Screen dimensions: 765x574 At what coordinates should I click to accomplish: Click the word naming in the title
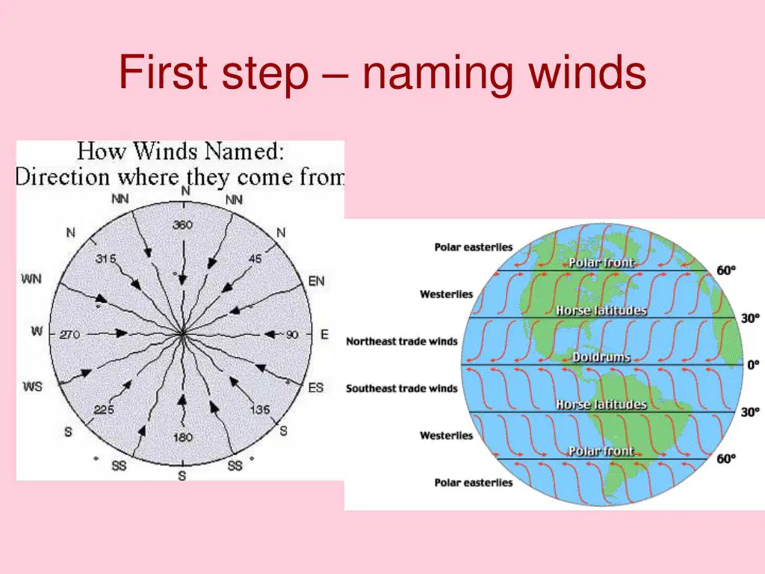tap(438, 73)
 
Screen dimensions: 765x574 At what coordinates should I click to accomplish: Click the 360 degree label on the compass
tap(182, 225)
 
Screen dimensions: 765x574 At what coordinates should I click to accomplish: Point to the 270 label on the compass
tap(69, 335)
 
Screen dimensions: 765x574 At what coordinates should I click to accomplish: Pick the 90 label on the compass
tap(292, 334)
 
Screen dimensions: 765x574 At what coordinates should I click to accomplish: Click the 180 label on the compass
tap(183, 436)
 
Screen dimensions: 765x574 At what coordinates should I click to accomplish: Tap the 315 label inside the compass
tap(106, 258)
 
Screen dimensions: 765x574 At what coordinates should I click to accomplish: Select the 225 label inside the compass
tap(103, 410)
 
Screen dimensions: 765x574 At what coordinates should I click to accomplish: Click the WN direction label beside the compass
tap(31, 279)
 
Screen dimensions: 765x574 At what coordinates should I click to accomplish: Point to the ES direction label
tap(316, 388)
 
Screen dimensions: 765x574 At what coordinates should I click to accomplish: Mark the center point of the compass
tap(182, 334)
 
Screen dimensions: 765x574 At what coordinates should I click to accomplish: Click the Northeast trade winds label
tap(401, 341)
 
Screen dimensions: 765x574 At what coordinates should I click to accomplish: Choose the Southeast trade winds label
tap(401, 389)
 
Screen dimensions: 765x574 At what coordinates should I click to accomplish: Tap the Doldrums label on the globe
tap(601, 357)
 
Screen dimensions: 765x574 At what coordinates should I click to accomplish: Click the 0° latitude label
tap(753, 365)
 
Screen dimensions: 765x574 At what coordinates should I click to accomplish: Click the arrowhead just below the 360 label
tap(182, 280)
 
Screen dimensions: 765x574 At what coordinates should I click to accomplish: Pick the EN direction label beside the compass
tap(316, 281)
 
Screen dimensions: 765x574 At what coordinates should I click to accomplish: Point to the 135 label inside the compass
tap(260, 410)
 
